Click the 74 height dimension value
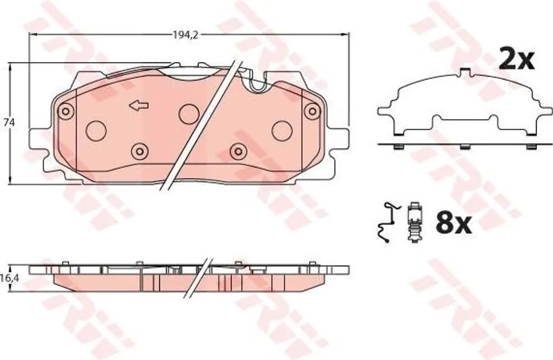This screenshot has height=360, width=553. (10, 123)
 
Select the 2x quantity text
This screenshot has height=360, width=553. (516, 59)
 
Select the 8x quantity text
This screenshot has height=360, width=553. (454, 223)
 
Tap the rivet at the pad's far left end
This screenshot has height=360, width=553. (65, 110)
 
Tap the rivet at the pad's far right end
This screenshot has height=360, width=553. (312, 111)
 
